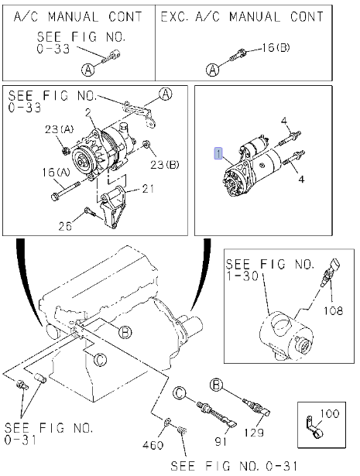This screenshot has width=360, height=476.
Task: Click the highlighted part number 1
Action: click(218, 153)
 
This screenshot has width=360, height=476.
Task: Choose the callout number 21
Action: click(148, 189)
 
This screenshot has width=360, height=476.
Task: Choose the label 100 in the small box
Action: click(329, 413)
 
